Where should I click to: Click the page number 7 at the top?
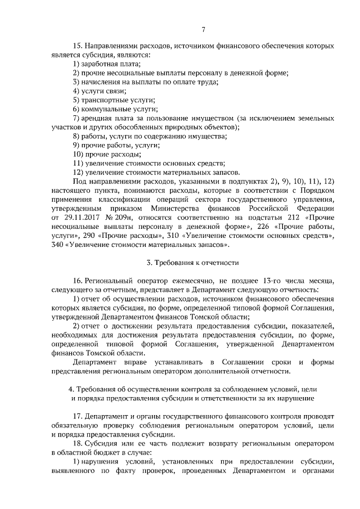pyautogui.click(x=204, y=30)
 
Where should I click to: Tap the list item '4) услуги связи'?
pyautogui.click(x=98, y=91)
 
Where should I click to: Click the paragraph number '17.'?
pyautogui.click(x=78, y=416)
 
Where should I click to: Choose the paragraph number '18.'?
pyautogui.click(x=78, y=443)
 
